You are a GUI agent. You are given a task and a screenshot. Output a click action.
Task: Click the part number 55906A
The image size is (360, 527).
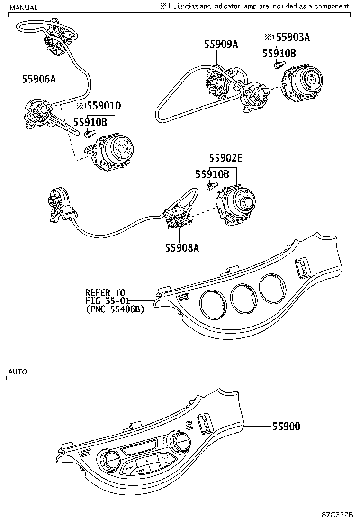[x=39, y=80]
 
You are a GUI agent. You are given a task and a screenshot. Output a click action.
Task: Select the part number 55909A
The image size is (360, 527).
[x=221, y=45]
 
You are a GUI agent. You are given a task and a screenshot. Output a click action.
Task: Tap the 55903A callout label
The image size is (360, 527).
[x=293, y=37]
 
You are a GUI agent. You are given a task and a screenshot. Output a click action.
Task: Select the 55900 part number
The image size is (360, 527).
[x=286, y=427]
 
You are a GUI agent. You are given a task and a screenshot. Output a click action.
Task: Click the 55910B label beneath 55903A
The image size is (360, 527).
[x=279, y=54]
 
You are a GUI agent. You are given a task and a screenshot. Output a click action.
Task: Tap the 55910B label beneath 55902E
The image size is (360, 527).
[x=212, y=175]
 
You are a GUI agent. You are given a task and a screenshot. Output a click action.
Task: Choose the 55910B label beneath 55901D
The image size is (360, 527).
[x=90, y=122]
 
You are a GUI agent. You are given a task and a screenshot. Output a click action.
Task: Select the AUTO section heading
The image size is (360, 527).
[x=18, y=372]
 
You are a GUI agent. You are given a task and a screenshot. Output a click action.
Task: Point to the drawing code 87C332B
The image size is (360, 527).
[x=337, y=516]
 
